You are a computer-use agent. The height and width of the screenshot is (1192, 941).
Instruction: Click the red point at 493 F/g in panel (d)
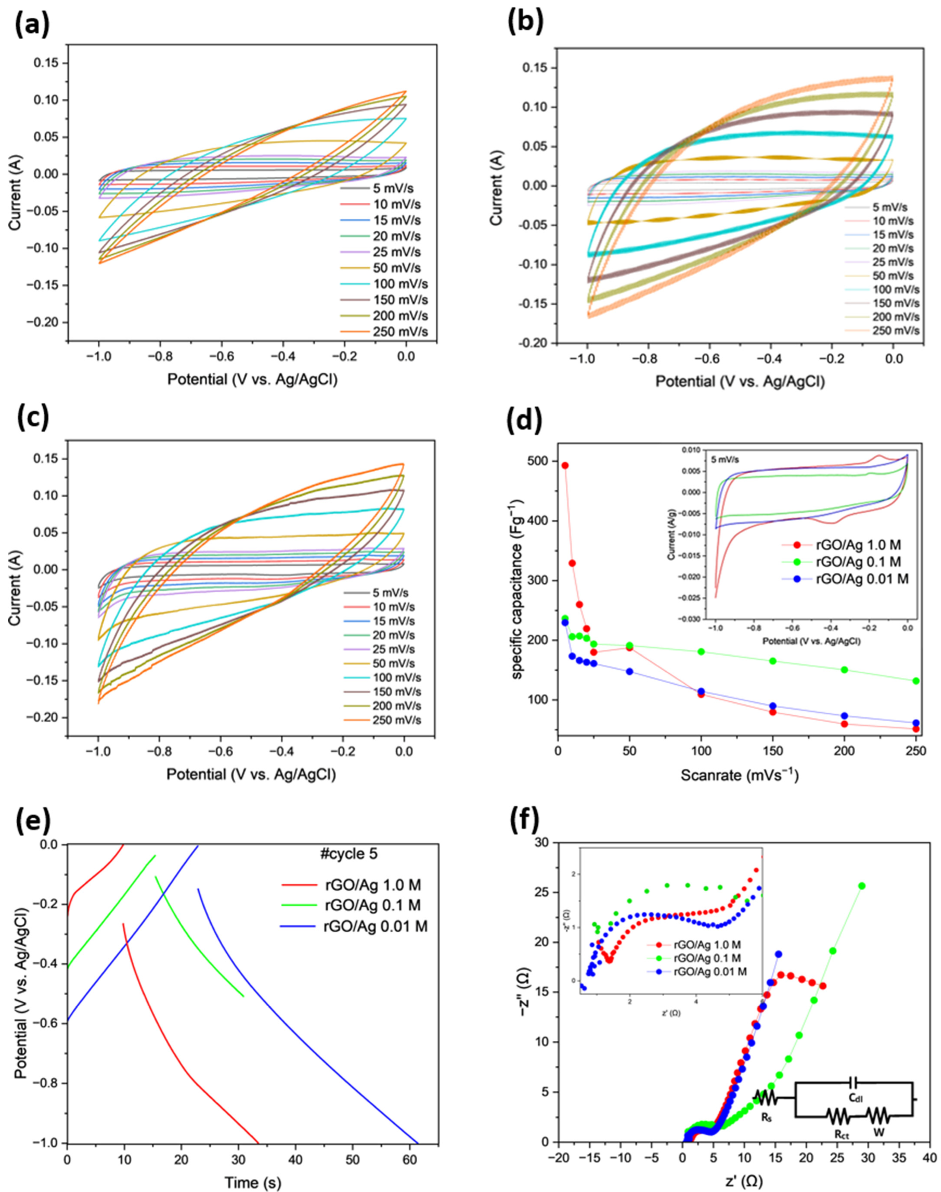[x=565, y=465]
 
